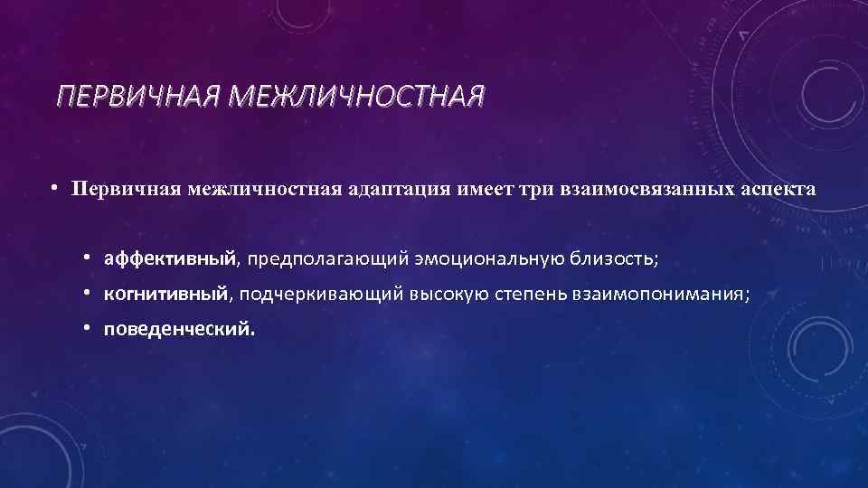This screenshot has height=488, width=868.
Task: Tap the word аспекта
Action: point(778,191)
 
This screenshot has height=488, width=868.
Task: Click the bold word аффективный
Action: point(170,260)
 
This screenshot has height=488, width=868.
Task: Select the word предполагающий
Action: point(326,260)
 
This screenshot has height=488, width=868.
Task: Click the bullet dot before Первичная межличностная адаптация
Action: point(54,190)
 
